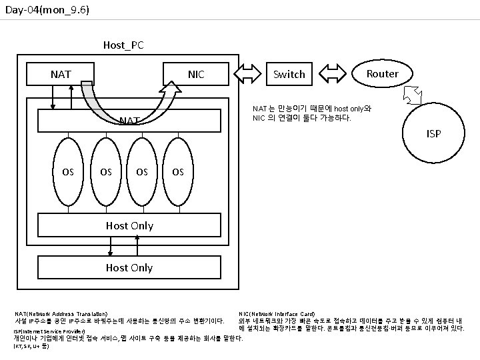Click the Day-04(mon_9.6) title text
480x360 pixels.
click(x=47, y=11)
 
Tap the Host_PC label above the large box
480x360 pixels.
click(x=123, y=45)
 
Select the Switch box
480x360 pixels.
click(x=289, y=74)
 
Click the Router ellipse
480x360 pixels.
click(x=382, y=73)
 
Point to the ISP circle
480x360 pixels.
click(x=433, y=134)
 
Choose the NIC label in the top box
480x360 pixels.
click(x=196, y=74)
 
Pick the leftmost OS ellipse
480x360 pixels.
click(x=68, y=171)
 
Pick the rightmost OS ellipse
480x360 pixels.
click(x=177, y=171)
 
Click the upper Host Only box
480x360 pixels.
click(x=129, y=225)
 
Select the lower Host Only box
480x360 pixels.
click(x=129, y=267)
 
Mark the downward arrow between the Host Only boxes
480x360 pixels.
click(x=111, y=246)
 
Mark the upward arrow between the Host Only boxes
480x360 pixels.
click(x=137, y=246)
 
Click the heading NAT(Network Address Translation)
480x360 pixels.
click(x=61, y=313)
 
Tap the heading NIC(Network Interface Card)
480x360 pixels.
click(x=277, y=313)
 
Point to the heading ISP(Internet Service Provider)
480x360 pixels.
click(x=49, y=331)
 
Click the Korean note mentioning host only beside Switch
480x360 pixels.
click(x=311, y=113)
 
